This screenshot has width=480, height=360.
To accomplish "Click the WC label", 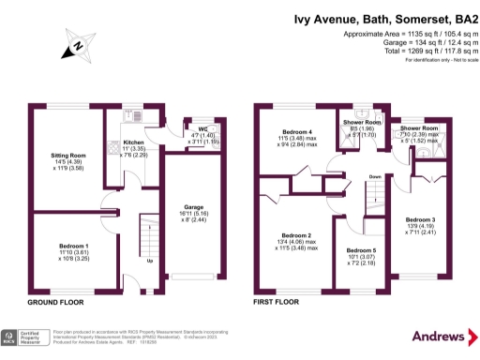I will [202, 129].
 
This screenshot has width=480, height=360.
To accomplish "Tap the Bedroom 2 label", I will [296, 234].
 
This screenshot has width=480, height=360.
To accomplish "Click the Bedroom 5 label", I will [362, 251].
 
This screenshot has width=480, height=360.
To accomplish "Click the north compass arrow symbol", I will [75, 43].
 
